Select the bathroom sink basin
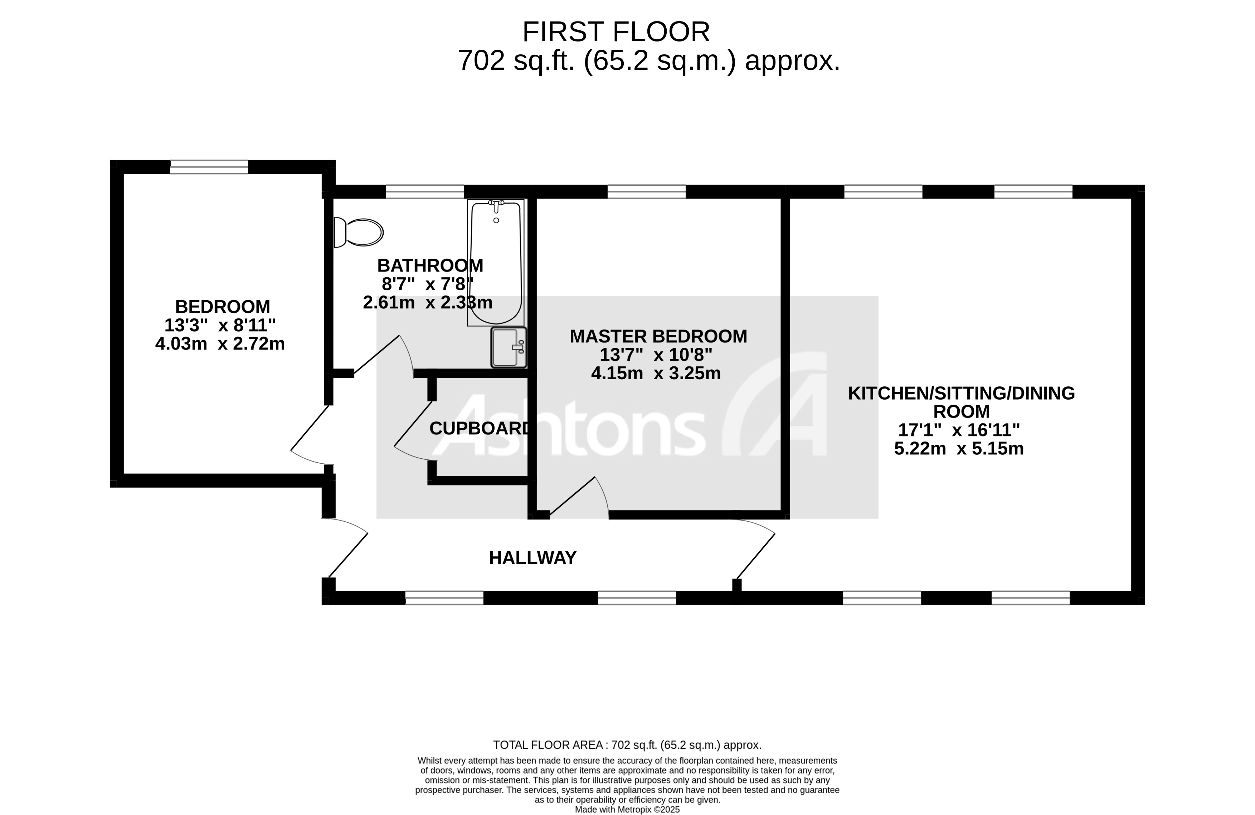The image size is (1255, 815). tap(508, 347)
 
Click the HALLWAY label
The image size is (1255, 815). tap(532, 558)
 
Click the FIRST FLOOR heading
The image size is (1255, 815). tap(616, 32)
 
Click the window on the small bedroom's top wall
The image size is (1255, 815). tap(209, 167)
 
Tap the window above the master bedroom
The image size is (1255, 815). tap(647, 191)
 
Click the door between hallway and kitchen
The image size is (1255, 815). tap(755, 556)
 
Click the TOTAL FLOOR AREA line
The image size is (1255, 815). tap(627, 745)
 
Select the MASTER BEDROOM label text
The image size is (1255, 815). tap(658, 336)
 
